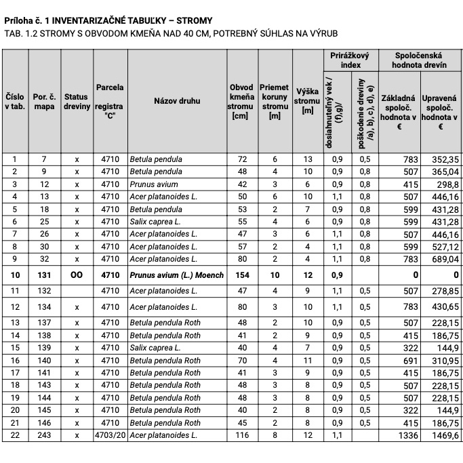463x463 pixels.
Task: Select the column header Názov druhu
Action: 177,100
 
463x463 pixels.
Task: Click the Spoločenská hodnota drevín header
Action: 419,60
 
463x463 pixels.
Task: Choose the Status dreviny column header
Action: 77,100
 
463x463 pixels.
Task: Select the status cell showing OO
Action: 77,275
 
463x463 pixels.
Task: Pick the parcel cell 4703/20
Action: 110,435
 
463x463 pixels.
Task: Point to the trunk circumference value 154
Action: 241,275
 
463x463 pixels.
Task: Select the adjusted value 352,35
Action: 443,159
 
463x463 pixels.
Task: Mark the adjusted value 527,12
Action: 443,247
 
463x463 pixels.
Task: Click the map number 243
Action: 44,435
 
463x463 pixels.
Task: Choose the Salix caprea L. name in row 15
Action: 155,348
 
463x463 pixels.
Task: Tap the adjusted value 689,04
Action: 443,259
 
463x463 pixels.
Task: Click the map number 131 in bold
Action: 44,275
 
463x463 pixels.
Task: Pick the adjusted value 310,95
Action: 443,360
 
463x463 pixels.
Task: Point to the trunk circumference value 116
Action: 241,435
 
